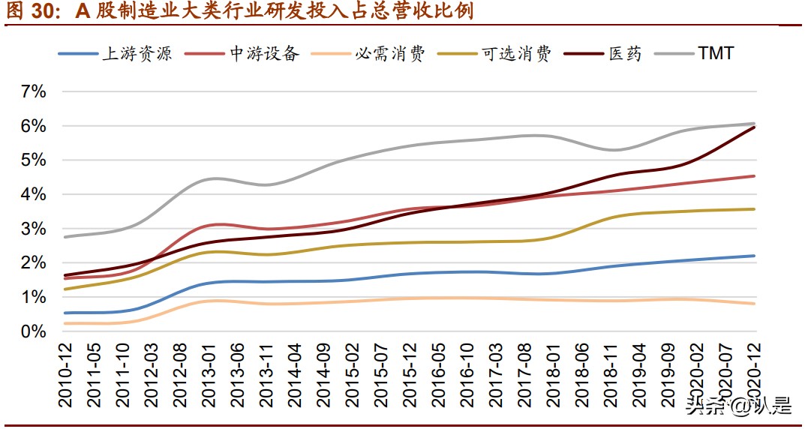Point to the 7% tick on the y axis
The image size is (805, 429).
coord(35,92)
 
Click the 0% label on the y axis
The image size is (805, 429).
coord(35,331)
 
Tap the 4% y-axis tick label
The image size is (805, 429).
coord(35,195)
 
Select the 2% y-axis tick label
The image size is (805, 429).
coord(35,263)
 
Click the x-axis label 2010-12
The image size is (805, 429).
coord(65,376)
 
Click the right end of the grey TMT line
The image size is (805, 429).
coord(754,123)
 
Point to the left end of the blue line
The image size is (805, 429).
coord(65,313)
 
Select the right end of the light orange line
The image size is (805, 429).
coord(754,304)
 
